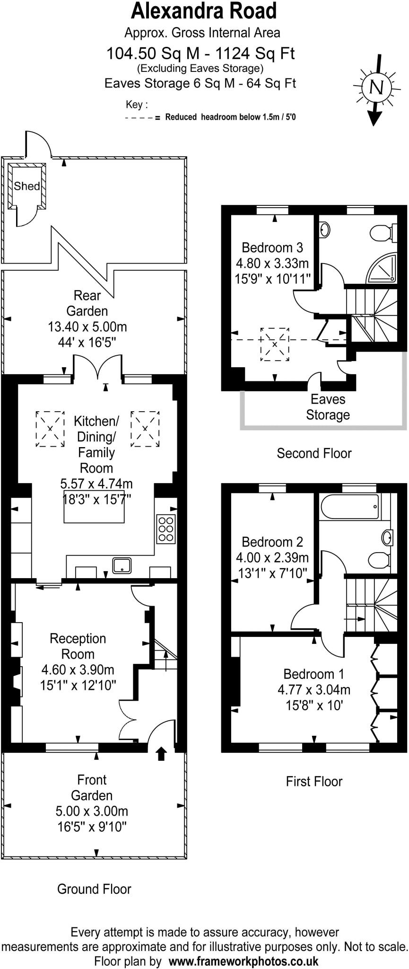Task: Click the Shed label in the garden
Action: pyautogui.click(x=26, y=186)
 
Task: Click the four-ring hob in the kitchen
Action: pyautogui.click(x=166, y=528)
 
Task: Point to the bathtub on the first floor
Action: pyautogui.click(x=350, y=506)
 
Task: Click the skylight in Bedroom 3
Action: pyautogui.click(x=275, y=344)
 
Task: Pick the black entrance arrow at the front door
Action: pyautogui.click(x=161, y=753)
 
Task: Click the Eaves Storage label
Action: pyautogui.click(x=328, y=407)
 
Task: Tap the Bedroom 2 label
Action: pyautogui.click(x=272, y=542)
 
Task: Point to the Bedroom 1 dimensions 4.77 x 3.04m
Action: pyautogui.click(x=314, y=689)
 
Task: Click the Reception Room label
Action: pyautogui.click(x=78, y=646)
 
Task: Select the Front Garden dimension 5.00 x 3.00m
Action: pyautogui.click(x=92, y=811)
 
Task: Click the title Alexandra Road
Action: pyautogui.click(x=204, y=11)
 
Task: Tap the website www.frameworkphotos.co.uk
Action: pyautogui.click(x=243, y=961)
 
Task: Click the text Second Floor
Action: pyautogui.click(x=314, y=453)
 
